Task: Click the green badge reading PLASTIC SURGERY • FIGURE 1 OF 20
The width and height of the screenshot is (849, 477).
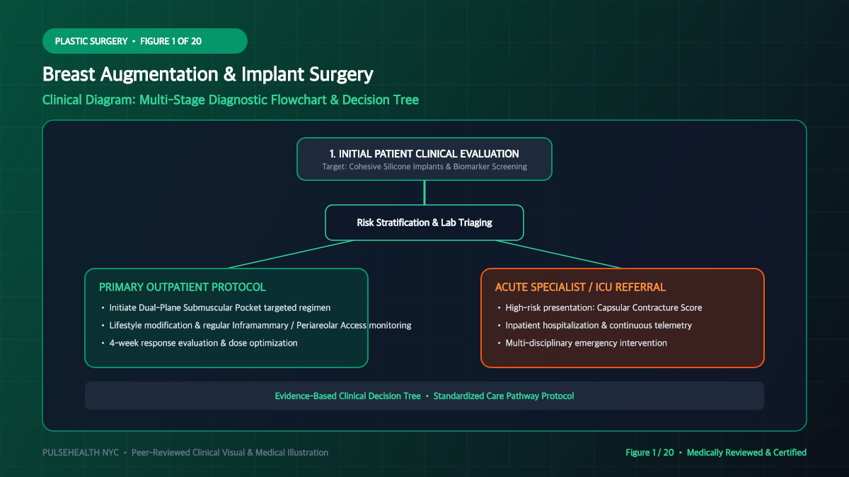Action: click(145, 41)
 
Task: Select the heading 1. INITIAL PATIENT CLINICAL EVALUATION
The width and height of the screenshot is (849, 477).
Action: click(424, 154)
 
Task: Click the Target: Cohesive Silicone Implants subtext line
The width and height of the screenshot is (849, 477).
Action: click(424, 167)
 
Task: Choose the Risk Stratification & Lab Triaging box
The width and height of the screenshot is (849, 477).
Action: click(424, 223)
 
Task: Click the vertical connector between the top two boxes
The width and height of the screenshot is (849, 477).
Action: click(424, 193)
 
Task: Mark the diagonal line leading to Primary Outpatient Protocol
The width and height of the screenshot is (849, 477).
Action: click(291, 254)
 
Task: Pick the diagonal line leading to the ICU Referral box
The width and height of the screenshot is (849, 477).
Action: click(558, 254)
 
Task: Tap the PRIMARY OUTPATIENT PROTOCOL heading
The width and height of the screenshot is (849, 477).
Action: click(183, 288)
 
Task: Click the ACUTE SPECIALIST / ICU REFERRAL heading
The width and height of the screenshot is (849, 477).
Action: click(580, 288)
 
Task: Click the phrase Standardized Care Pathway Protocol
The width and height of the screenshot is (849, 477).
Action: click(504, 396)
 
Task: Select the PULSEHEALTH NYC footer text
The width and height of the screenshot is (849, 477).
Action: click(81, 453)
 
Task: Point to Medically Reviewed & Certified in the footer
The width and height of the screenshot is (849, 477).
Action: click(746, 453)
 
